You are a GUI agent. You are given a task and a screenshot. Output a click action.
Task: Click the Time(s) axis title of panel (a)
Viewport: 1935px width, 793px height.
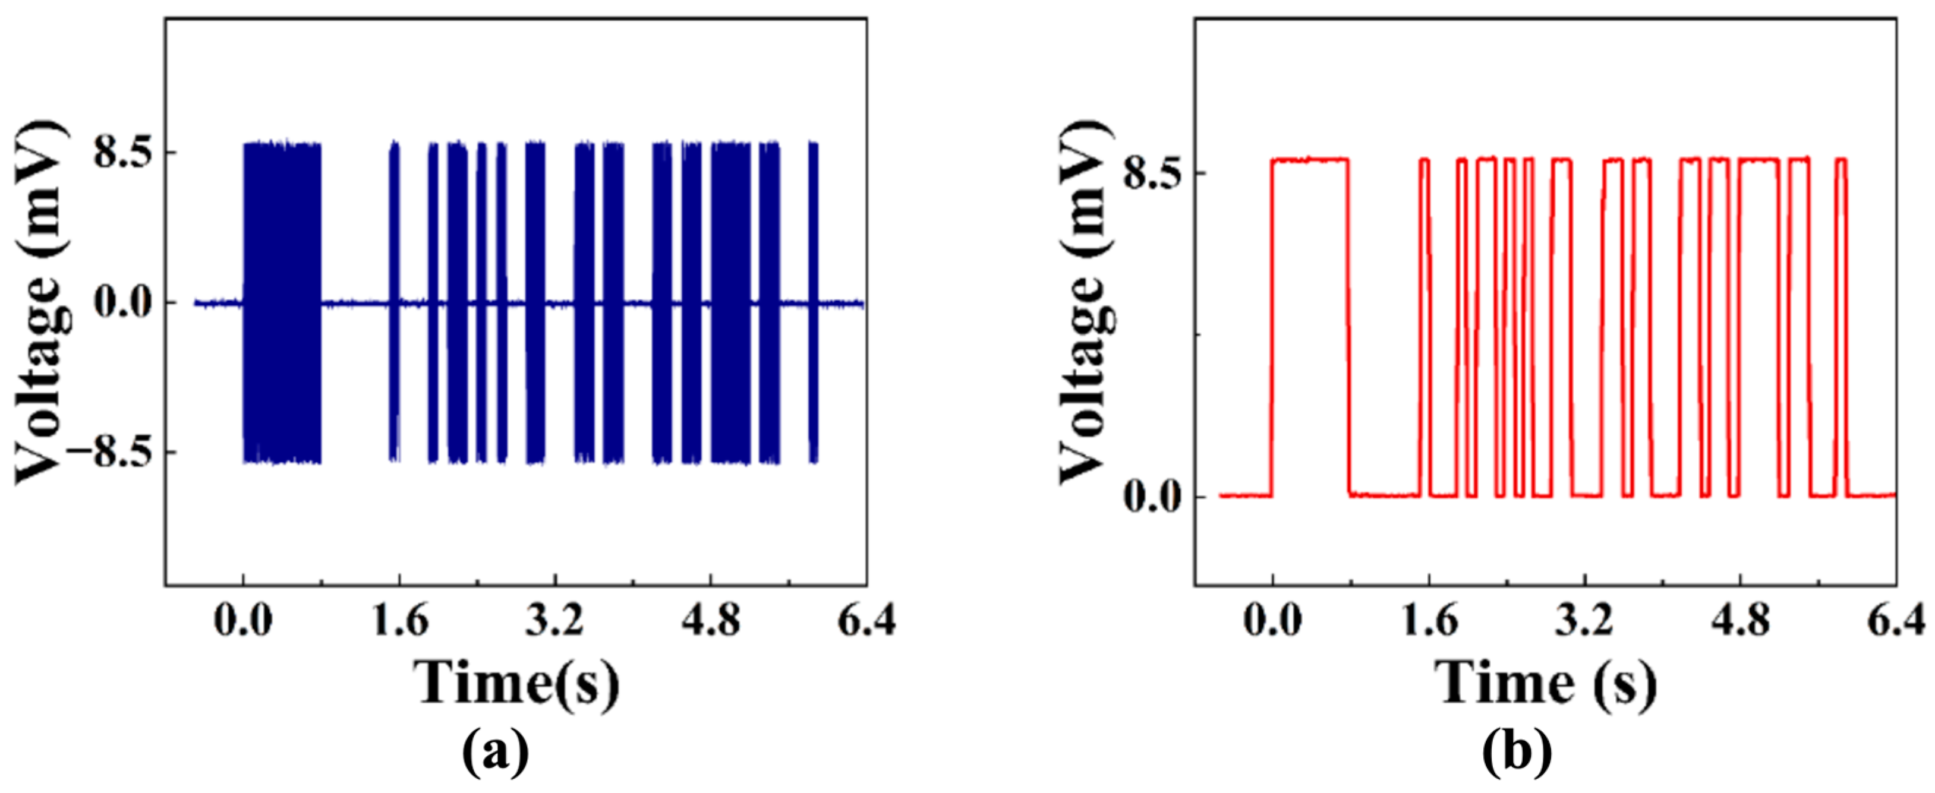(x=518, y=682)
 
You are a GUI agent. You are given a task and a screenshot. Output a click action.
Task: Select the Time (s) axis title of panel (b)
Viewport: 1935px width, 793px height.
(x=1546, y=682)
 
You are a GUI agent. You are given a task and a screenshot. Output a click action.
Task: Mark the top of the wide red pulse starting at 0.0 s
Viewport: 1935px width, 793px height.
(x=1310, y=159)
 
